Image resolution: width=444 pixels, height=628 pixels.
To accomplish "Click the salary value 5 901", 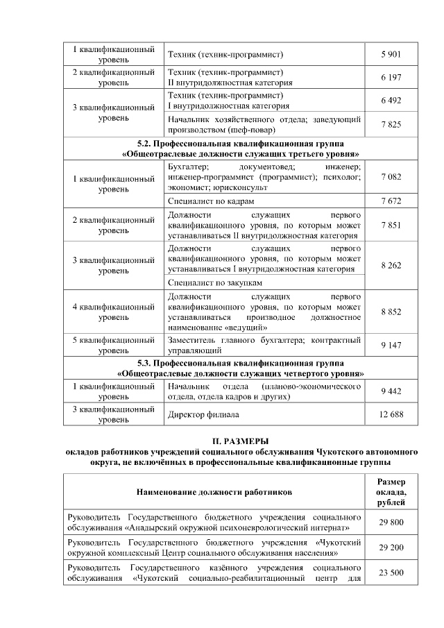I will (x=391, y=54).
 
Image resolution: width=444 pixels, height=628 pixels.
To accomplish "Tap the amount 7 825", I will (x=391, y=124).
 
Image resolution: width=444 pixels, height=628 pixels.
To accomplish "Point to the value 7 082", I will (x=391, y=178).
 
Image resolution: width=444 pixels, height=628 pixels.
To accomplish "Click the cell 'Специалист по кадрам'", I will (x=207, y=201).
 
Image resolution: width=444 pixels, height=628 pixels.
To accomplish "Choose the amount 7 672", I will (x=391, y=201).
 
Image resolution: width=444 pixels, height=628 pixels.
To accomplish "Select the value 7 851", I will (x=391, y=226).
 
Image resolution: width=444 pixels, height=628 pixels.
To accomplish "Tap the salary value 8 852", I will (x=391, y=312).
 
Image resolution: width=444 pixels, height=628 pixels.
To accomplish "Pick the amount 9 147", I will (x=391, y=345).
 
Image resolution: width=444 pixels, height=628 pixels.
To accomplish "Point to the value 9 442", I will (x=391, y=391).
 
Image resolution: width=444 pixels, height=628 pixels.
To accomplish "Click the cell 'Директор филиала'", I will (x=203, y=414).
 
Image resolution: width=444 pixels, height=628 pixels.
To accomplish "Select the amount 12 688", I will (x=391, y=414).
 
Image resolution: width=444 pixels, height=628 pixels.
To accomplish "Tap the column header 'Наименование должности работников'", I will (x=214, y=492).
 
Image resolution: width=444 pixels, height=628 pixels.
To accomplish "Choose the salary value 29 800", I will (x=391, y=523).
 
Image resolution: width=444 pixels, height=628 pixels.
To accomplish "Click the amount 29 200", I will (x=391, y=548).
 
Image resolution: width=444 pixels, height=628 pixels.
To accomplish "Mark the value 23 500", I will (x=391, y=573).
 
